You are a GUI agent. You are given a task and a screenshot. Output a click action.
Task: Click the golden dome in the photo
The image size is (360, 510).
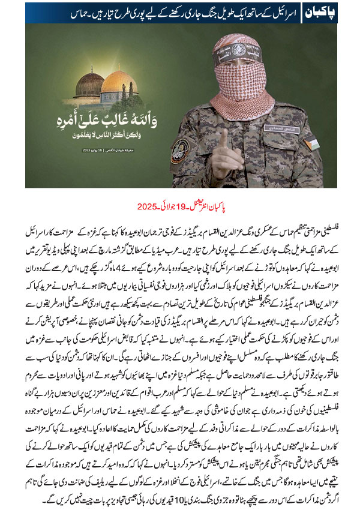point(119,81)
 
